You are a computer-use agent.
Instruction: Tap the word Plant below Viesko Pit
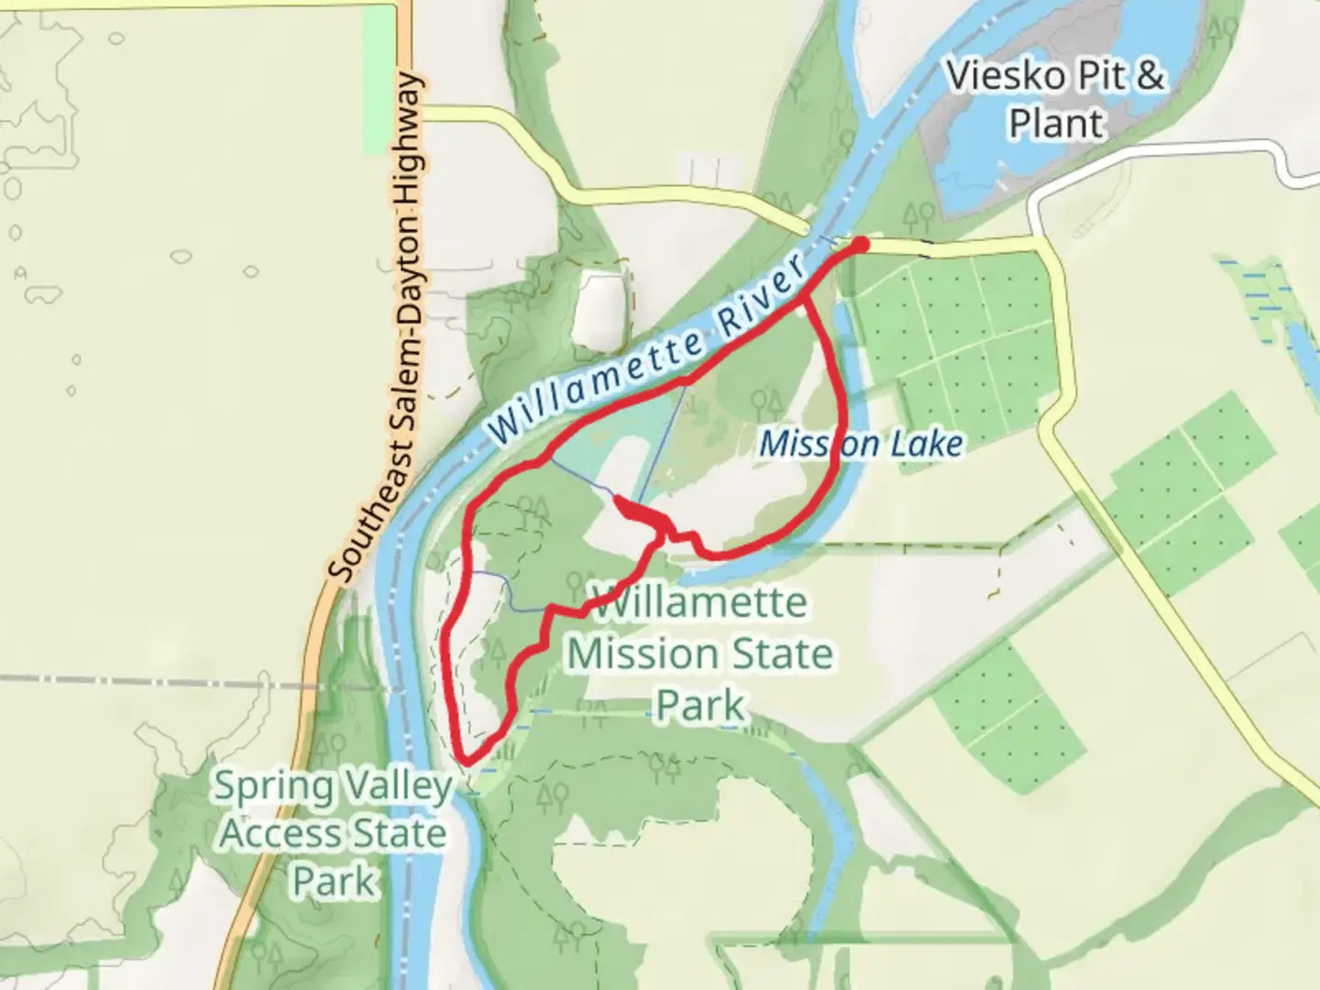[1055, 123]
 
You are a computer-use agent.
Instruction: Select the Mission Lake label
[861, 445]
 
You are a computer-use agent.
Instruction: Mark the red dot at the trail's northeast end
[861, 244]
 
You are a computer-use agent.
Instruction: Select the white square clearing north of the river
[601, 307]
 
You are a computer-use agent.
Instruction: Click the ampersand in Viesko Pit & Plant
[1149, 76]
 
